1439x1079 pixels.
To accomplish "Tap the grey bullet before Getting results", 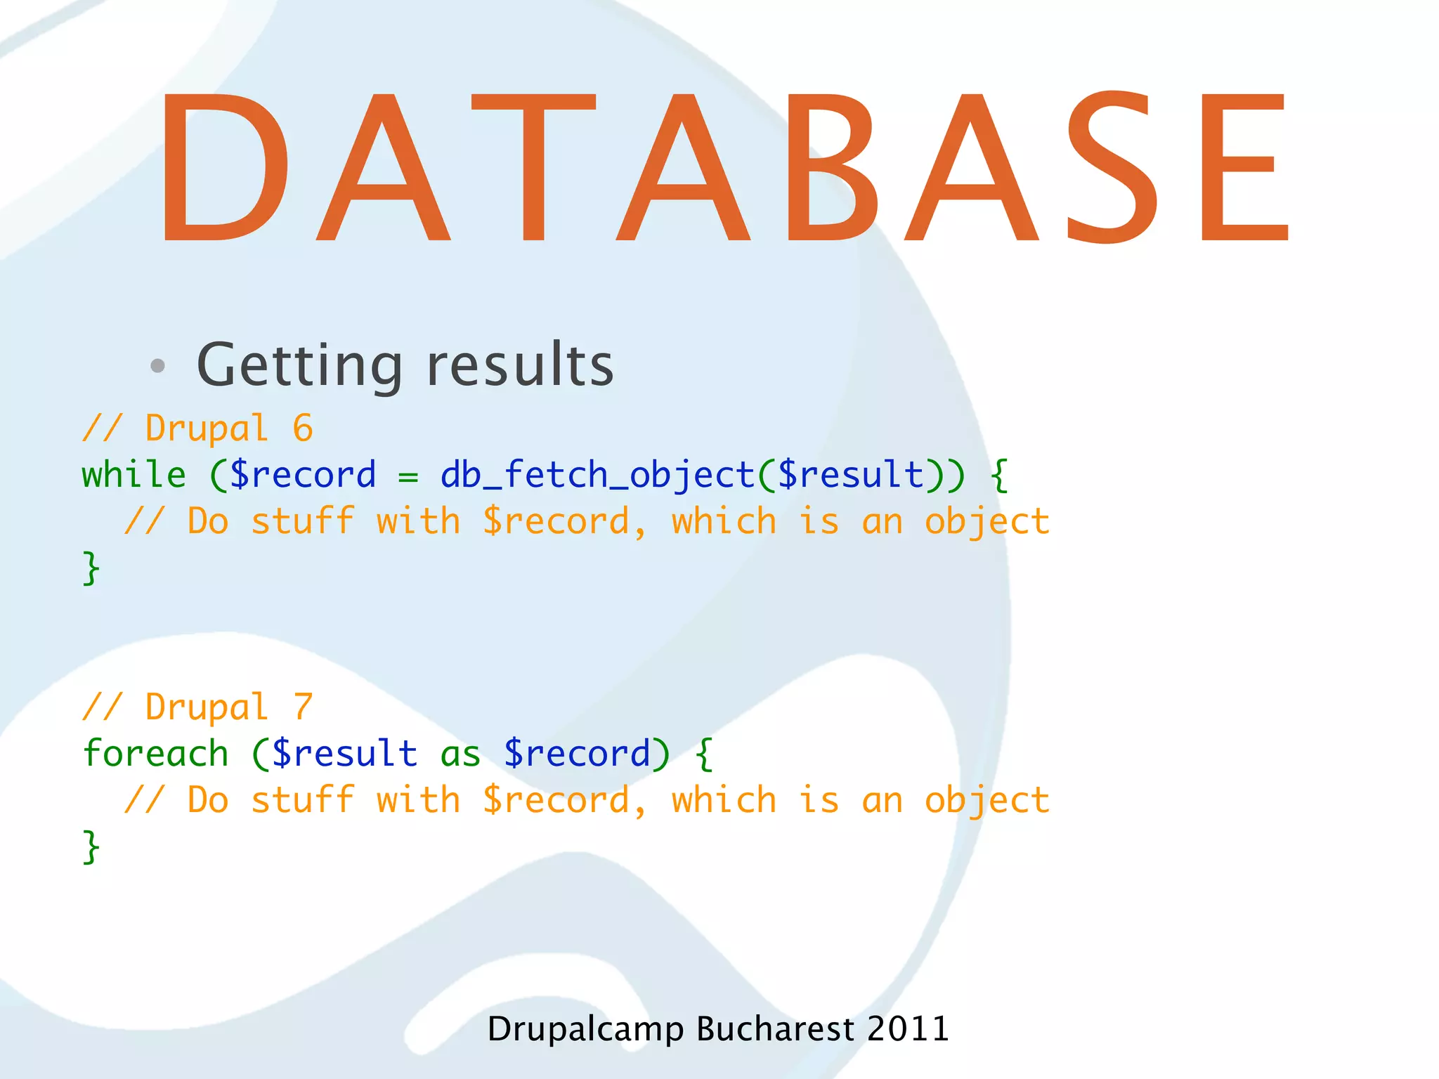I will tap(158, 365).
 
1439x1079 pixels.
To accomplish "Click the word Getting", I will tap(299, 365).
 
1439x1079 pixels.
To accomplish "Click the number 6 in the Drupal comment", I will tap(303, 429).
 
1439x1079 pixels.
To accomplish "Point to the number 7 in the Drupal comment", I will tap(303, 707).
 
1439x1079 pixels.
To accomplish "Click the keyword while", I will tap(134, 475).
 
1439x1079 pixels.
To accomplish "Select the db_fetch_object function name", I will tap(597, 475).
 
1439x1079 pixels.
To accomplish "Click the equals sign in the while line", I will tap(408, 476).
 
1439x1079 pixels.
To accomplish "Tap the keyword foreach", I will tap(155, 754).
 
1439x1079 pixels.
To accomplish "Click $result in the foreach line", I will tap(345, 754).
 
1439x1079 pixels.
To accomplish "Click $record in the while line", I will tap(303, 475).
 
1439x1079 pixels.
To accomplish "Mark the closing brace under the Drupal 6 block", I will tap(91, 568).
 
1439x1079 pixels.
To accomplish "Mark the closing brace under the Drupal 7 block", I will tap(91, 846).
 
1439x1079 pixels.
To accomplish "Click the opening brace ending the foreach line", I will tap(704, 754).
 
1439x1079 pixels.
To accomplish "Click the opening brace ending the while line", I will tap(999, 475).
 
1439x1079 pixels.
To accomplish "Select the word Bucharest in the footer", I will tap(775, 1029).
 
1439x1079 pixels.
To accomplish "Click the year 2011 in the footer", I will tap(908, 1029).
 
